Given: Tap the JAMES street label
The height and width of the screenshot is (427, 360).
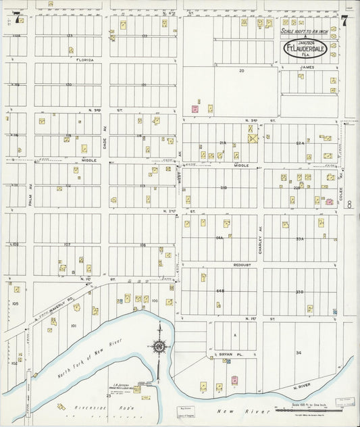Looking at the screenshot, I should click(x=307, y=67).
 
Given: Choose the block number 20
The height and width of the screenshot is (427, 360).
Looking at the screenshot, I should click(x=240, y=70).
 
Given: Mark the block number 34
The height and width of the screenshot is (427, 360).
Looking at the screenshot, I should click(x=298, y=352).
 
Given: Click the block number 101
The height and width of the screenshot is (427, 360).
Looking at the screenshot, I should click(x=74, y=326).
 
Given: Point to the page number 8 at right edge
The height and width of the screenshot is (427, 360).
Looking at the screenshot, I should click(x=349, y=203).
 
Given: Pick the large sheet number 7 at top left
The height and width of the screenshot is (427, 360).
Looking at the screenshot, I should click(x=15, y=19).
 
